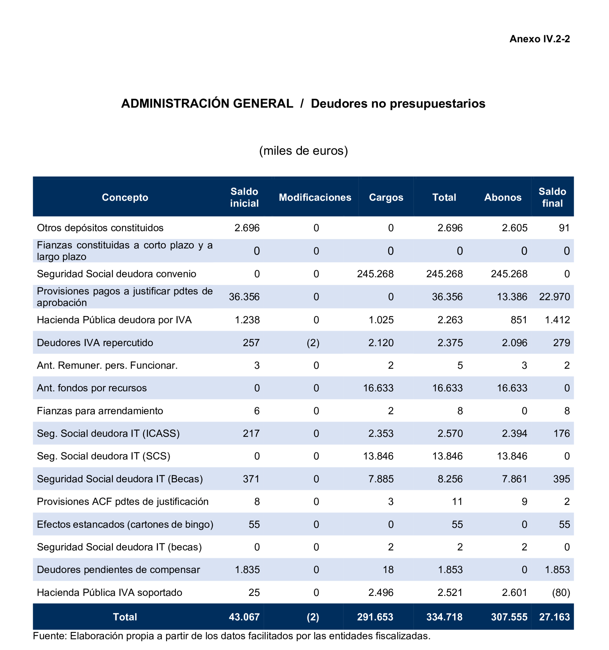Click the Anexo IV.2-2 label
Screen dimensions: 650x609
[x=539, y=39]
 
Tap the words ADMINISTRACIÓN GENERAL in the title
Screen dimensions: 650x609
[x=207, y=104]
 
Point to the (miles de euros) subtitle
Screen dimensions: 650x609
[x=303, y=151]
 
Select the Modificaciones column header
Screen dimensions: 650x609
[x=315, y=197]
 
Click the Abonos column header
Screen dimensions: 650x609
[x=503, y=197]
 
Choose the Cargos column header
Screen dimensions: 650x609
[x=386, y=197]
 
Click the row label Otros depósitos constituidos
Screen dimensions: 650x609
[x=100, y=228]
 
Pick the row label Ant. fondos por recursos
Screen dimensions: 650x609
[x=92, y=388]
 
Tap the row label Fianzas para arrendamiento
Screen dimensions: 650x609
[x=100, y=411]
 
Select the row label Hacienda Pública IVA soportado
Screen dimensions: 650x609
[x=109, y=592]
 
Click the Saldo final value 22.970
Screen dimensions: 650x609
[x=554, y=297]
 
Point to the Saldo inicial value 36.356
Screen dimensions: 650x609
[x=244, y=297]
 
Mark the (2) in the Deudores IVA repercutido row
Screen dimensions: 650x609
[x=313, y=343]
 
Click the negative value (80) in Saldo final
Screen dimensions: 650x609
[x=561, y=592]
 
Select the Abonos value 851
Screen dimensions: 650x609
[x=519, y=320]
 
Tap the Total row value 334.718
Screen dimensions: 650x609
[x=444, y=617]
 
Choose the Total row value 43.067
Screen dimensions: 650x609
[x=244, y=617]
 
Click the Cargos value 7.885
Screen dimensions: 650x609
[x=381, y=479]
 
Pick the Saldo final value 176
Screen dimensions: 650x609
[x=561, y=434]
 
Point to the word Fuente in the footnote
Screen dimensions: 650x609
[x=50, y=636]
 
